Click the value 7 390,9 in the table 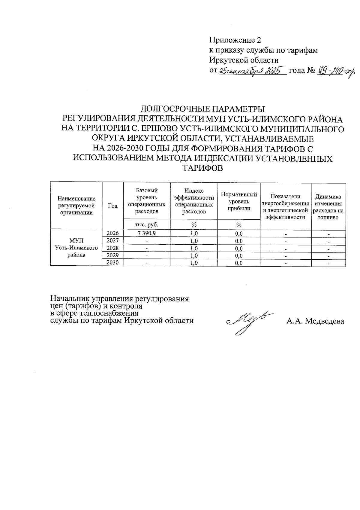point(147,233)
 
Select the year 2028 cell point(113,248)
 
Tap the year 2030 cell point(113,263)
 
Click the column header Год point(113,206)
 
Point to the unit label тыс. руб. point(147,224)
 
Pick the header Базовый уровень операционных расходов point(147,201)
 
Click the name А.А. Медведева point(315,321)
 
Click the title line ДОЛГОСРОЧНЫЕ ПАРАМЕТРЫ point(203,109)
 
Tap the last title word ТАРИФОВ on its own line point(203,168)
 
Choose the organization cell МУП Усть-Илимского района point(76,248)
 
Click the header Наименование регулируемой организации point(76,206)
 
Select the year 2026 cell point(113,233)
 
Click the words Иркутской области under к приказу point(244,60)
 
